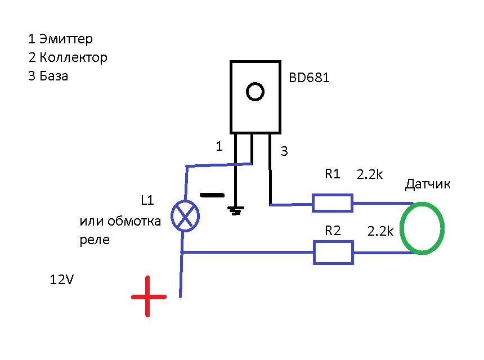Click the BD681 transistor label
309,78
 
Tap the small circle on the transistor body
256,91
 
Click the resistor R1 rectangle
333,203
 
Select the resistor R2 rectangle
333,253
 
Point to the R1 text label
333,174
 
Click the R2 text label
333,230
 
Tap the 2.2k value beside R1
370,175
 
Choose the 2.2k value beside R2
380,231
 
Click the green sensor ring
423,228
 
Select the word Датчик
428,184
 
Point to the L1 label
147,200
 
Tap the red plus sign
149,296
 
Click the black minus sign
211,196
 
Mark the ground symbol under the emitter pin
236,211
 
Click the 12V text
61,279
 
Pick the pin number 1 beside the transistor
219,147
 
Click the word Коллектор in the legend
73,57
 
